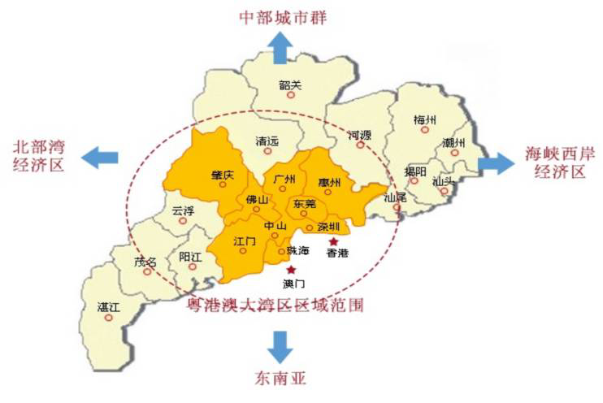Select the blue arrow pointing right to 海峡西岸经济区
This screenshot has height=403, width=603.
coord(497,162)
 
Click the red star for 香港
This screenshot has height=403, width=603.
coord(333,241)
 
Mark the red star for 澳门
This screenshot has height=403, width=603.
coord(292,269)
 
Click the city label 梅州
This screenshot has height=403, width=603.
coord(425,120)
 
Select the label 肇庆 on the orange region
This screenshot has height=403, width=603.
coord(222,174)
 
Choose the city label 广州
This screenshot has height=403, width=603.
coord(284,178)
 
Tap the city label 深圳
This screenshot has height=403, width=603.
coord(328,227)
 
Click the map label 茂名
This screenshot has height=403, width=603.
coord(146,262)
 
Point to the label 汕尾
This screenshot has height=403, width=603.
coord(395,197)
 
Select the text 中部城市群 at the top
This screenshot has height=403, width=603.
coord(282,16)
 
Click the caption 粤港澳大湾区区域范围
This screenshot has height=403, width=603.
coord(275,305)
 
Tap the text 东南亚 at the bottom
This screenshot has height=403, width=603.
coord(282,378)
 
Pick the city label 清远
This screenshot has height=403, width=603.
coord(267,140)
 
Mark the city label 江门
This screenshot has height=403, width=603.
coord(245,241)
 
